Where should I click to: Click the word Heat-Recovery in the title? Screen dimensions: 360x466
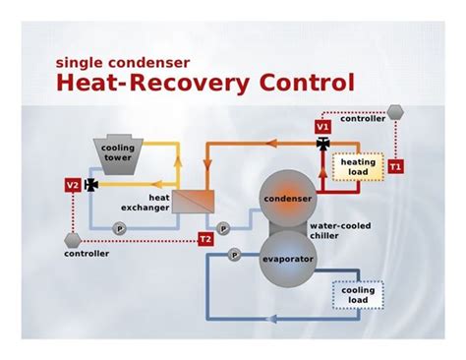coord(140,83)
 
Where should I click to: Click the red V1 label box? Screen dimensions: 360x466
coord(322,127)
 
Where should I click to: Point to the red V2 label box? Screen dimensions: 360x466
coord(73,184)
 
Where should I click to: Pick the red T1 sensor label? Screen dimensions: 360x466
coord(395,167)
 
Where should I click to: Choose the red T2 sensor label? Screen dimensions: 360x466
coord(204,239)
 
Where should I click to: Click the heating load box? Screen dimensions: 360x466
coord(354,168)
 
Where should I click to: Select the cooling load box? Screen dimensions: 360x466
coord(358,295)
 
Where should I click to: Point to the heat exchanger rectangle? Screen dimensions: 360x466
coord(200,200)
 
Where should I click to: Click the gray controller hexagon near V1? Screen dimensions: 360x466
coord(394,114)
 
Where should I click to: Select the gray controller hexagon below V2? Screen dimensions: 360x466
coord(73,239)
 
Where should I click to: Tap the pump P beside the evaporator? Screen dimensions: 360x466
coord(234,254)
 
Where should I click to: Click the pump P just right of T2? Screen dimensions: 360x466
coord(223,228)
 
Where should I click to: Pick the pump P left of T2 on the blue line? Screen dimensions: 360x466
coord(120,228)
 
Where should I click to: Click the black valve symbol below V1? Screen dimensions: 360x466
coord(323,144)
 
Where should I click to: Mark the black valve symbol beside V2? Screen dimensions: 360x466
coord(91,184)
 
